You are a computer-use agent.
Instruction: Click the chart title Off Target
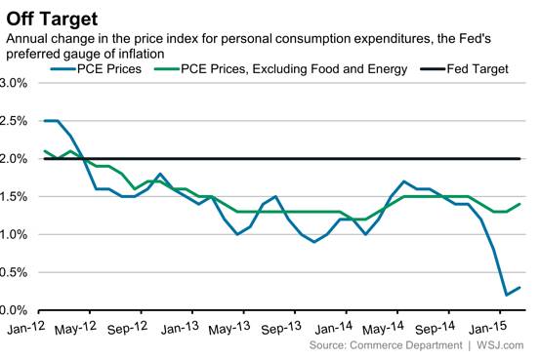pyautogui.click(x=46, y=15)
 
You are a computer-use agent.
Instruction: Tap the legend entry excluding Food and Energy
pyautogui.click(x=279, y=69)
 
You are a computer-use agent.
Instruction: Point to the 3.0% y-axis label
pyautogui.click(x=18, y=83)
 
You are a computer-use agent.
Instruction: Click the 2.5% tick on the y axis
pyautogui.click(x=18, y=121)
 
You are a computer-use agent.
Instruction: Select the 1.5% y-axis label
pyautogui.click(x=18, y=197)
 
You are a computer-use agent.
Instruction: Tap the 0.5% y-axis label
pyautogui.click(x=18, y=273)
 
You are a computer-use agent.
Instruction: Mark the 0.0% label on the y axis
pyautogui.click(x=18, y=310)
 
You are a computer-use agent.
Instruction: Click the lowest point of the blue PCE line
pyautogui.click(x=507, y=295)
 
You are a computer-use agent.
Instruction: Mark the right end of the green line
pyautogui.click(x=520, y=204)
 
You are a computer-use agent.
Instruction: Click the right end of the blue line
pyautogui.click(x=520, y=288)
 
